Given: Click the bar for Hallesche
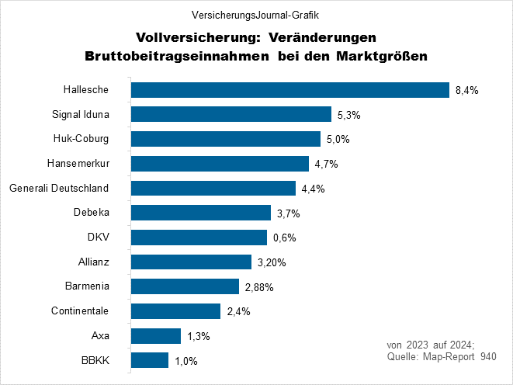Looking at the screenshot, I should point(290,90).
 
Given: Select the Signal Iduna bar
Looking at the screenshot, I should point(231,115).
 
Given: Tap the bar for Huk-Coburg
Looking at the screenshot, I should point(226,139).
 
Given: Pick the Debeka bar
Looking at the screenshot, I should point(201,213).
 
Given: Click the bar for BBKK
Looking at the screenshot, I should point(150,360).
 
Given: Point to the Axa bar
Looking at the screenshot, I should point(156,336).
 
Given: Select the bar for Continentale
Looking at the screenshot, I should point(176,311).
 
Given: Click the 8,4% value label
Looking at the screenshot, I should point(466,91).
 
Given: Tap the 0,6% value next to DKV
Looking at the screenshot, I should point(284,238).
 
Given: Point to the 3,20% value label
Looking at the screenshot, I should point(271,262).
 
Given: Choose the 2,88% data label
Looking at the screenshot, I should point(258,287).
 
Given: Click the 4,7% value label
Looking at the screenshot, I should point(326,165).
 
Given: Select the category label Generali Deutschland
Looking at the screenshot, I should point(58,189).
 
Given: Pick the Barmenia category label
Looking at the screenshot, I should point(87,286).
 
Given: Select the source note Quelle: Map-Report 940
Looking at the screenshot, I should point(441,356).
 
